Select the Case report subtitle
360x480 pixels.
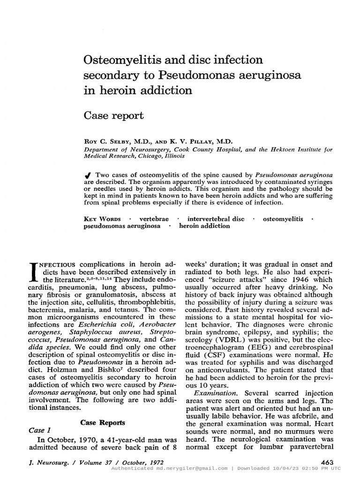tap(113, 115)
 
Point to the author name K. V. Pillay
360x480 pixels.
tap(211, 141)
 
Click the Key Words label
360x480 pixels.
tap(102, 219)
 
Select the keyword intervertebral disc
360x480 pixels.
tap(216, 219)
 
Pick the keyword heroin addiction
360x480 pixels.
tap(204, 226)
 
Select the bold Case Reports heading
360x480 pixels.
tap(102, 422)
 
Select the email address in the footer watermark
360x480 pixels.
tap(192, 469)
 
